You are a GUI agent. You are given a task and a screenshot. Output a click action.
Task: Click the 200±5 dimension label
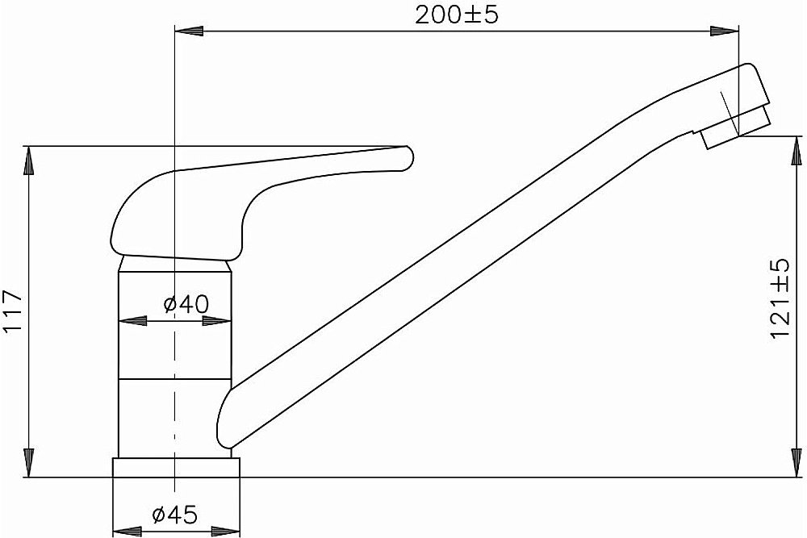[x=457, y=15]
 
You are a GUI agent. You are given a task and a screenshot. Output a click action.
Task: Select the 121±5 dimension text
[x=780, y=298]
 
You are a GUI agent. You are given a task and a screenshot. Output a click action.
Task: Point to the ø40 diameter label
[x=186, y=304]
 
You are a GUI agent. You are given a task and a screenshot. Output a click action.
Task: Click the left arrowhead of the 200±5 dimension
[x=189, y=31]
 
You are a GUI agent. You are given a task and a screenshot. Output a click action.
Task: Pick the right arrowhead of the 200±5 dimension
[x=725, y=31]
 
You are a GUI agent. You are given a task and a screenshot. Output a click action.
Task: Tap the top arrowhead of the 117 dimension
[x=29, y=161]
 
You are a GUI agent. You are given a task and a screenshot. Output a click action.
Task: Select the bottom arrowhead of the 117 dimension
[x=29, y=463]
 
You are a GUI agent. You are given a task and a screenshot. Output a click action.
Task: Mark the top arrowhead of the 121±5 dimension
[x=797, y=151]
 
